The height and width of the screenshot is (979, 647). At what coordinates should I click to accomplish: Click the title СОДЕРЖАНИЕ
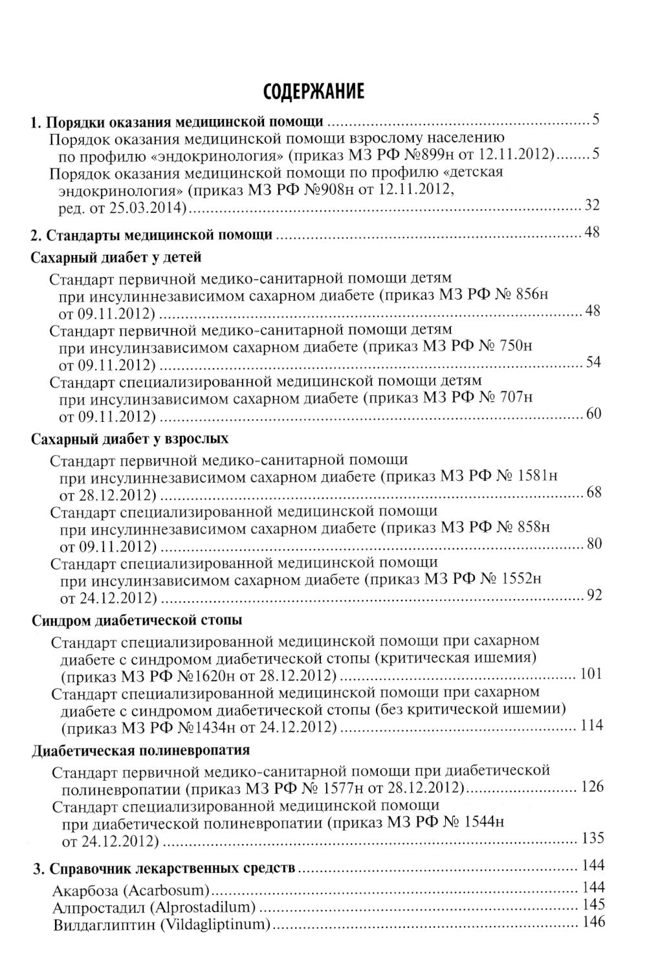pyautogui.click(x=314, y=91)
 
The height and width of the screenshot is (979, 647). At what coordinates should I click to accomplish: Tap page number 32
pyautogui.click(x=592, y=205)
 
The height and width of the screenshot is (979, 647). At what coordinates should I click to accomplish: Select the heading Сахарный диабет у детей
pyautogui.click(x=116, y=257)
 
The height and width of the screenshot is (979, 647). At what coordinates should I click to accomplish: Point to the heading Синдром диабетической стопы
pyautogui.click(x=137, y=620)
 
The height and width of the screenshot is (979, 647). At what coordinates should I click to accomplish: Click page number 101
pyautogui.click(x=591, y=674)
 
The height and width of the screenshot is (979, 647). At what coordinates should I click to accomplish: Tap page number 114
pyautogui.click(x=592, y=725)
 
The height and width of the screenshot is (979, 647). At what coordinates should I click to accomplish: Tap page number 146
pyautogui.click(x=593, y=922)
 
